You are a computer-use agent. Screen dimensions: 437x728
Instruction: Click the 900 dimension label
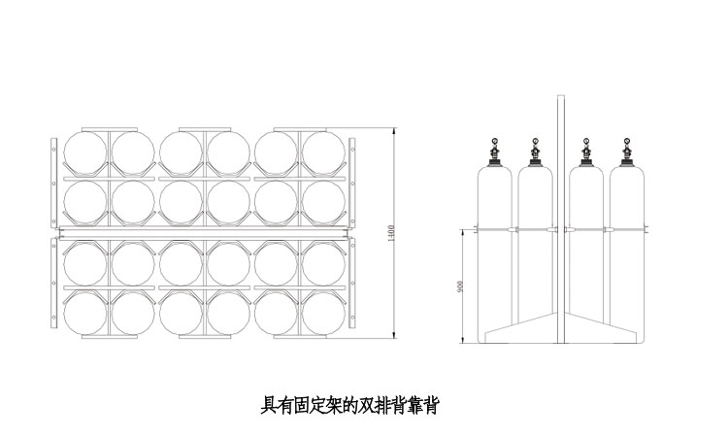(461, 286)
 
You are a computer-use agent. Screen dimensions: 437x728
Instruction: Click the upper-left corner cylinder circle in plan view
(85, 152)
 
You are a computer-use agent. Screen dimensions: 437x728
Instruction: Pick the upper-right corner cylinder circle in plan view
(323, 152)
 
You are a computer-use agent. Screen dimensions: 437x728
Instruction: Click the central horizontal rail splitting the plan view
(202, 233)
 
